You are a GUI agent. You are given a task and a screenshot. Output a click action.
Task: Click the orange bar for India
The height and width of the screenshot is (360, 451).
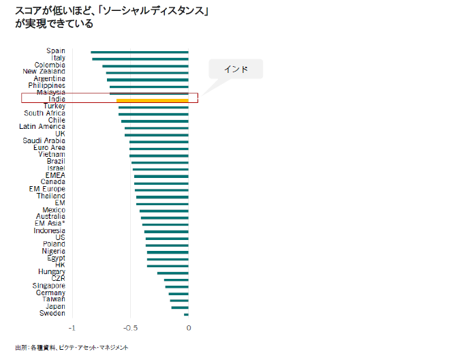tap(153, 100)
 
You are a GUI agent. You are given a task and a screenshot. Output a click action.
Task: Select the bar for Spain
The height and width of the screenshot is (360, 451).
tap(140, 51)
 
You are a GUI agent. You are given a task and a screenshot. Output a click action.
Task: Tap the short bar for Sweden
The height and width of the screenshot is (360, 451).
tap(186, 314)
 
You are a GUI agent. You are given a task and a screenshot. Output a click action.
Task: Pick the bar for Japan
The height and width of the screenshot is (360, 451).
tap(179, 307)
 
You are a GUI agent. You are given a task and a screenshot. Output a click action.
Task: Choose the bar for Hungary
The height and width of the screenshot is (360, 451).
tap(172, 273)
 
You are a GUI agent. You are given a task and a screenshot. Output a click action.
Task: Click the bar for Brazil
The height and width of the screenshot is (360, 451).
tap(159, 162)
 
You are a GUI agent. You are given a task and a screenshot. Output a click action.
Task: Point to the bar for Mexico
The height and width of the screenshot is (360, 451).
tap(164, 211)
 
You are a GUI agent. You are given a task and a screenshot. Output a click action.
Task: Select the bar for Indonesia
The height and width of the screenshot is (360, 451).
tap(166, 231)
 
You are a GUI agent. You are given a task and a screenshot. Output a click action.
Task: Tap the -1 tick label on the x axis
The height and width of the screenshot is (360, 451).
tap(71, 327)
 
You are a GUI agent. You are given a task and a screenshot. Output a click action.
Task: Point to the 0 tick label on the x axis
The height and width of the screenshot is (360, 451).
tap(188, 327)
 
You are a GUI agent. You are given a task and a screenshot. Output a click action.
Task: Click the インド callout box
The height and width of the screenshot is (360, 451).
tap(235, 69)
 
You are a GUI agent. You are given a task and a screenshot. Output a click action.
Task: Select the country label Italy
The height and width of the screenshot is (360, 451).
tap(57, 58)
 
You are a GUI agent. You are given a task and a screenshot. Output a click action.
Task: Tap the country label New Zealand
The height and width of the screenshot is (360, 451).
tap(44, 72)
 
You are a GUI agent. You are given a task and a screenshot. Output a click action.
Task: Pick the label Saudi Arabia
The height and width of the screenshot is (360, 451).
tap(44, 140)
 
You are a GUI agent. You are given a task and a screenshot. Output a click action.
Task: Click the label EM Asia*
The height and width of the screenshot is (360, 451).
tap(50, 224)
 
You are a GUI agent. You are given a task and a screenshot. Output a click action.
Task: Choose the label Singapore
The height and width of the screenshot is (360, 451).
tap(49, 286)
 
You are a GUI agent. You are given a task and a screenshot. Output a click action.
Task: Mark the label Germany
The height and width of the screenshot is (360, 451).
tap(50, 292)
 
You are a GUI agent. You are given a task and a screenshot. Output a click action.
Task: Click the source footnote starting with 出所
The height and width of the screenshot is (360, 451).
tap(71, 348)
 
